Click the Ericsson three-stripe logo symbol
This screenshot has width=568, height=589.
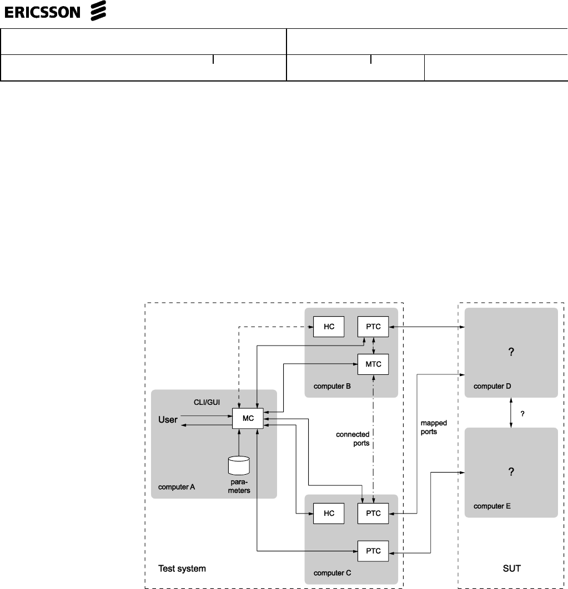click(x=98, y=11)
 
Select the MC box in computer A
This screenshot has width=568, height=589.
click(x=248, y=418)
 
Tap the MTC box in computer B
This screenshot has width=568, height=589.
click(x=373, y=364)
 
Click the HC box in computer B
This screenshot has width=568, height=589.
click(x=329, y=327)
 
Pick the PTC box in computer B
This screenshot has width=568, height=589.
click(x=373, y=327)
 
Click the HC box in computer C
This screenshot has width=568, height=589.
click(x=329, y=513)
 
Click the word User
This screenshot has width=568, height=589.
click(x=168, y=419)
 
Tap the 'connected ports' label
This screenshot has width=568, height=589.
click(x=354, y=439)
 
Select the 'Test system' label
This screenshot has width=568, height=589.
click(x=182, y=568)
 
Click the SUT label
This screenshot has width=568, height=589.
click(x=510, y=568)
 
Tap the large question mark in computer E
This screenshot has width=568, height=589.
click(x=511, y=472)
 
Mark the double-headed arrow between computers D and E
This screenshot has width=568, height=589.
click(x=511, y=413)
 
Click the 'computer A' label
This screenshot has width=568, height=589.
click(x=177, y=487)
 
